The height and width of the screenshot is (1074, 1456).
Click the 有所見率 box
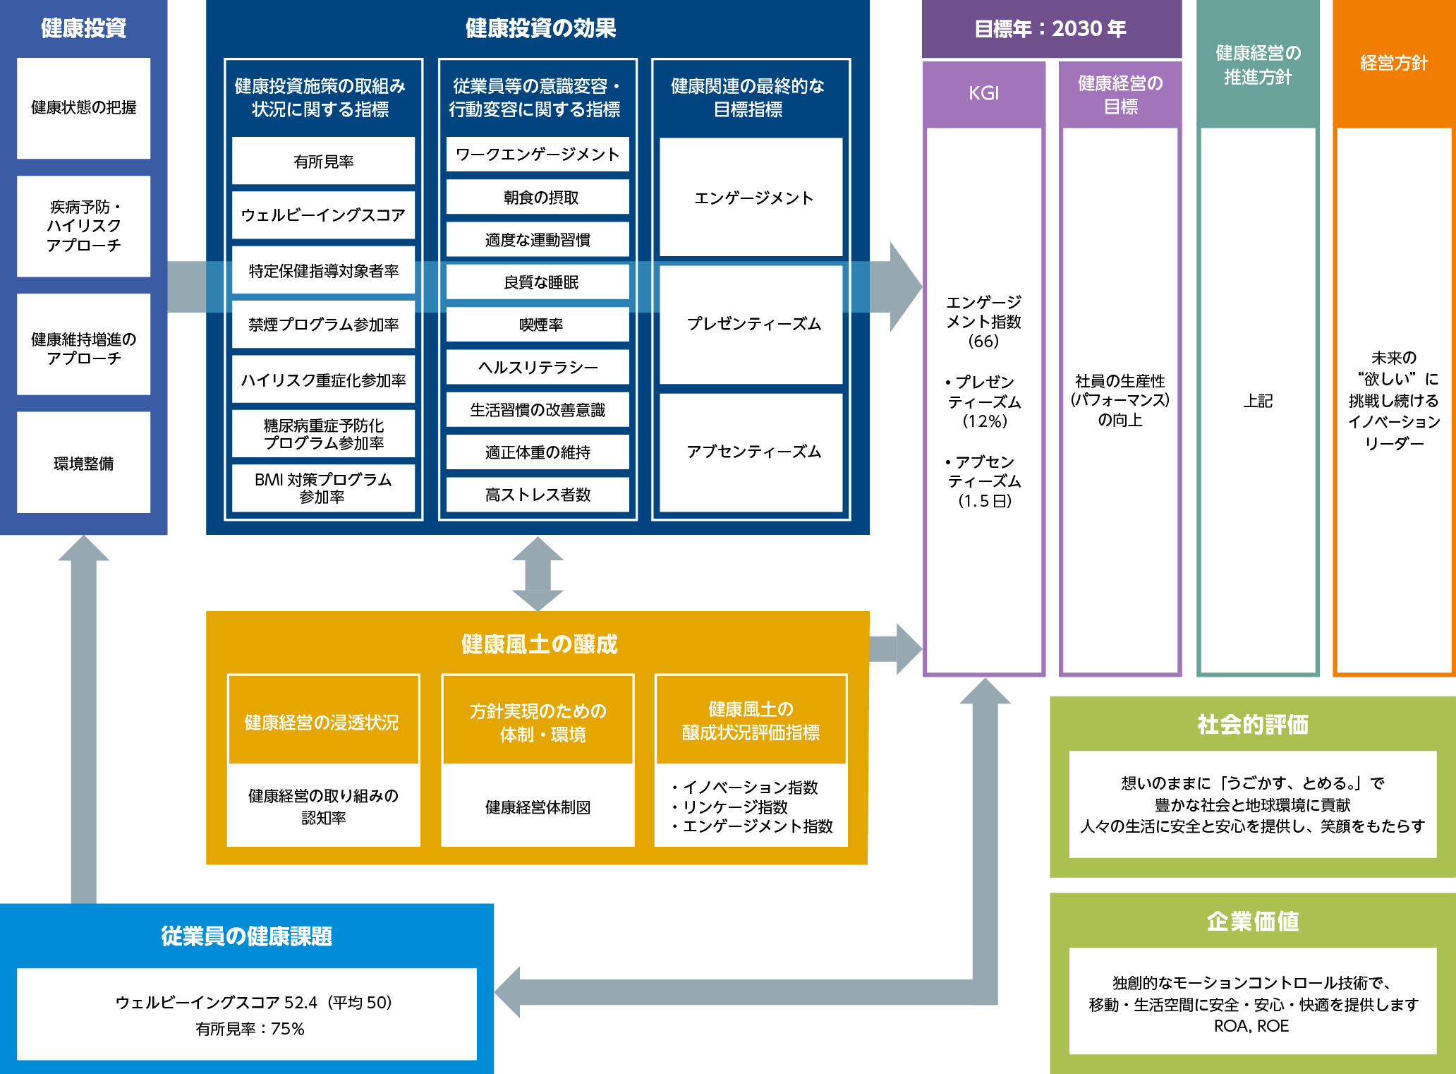click(x=323, y=162)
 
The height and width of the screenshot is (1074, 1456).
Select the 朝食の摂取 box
click(x=538, y=198)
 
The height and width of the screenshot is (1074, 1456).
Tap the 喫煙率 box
click(x=538, y=325)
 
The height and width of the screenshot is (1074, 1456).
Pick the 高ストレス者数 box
click(x=538, y=495)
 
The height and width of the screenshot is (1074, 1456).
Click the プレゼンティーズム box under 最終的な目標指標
click(x=751, y=324)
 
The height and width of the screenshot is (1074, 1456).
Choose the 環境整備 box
click(x=83, y=463)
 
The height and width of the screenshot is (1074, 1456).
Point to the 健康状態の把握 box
click(x=83, y=107)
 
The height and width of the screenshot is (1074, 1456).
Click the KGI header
click(x=983, y=93)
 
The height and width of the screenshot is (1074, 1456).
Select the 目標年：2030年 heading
click(x=1050, y=29)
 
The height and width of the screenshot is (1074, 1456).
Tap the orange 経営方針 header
click(x=1393, y=63)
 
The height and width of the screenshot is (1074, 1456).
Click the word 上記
click(x=1257, y=401)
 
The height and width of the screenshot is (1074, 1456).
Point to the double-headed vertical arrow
click(x=538, y=574)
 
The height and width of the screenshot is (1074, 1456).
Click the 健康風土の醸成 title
click(x=539, y=644)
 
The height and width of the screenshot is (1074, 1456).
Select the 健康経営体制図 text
click(x=538, y=807)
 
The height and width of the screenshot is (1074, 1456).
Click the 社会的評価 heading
click(x=1252, y=724)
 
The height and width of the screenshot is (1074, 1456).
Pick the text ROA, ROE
click(x=1251, y=1026)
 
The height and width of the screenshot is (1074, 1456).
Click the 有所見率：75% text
click(x=250, y=1029)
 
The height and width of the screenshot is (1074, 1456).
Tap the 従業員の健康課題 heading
click(x=246, y=936)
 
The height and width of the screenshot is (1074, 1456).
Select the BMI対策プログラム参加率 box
click(x=323, y=488)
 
